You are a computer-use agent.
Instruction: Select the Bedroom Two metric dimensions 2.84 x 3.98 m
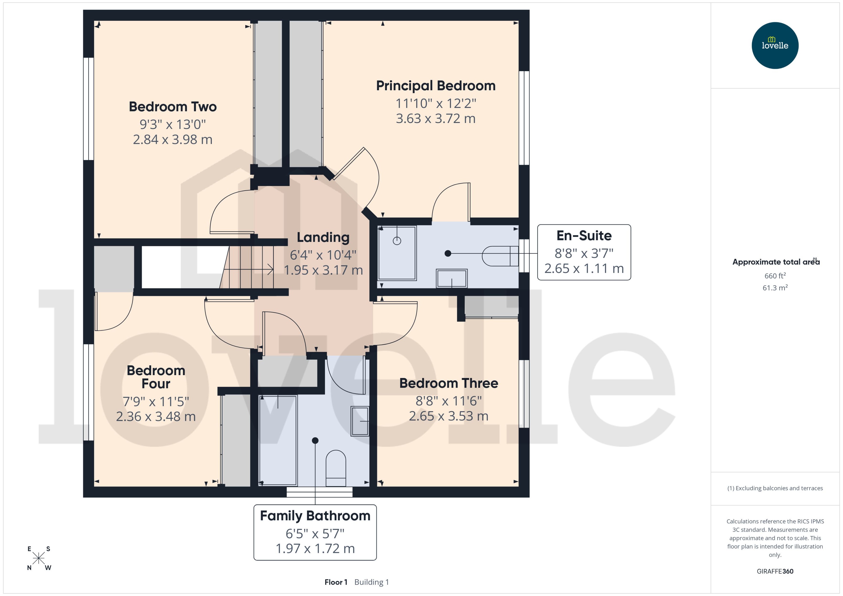[x=173, y=140]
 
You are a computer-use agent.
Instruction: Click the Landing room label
[x=323, y=237]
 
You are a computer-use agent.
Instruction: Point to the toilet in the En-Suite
[x=500, y=256]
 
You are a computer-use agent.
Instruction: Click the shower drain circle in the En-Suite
[x=397, y=241]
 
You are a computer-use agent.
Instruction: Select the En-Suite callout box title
[x=584, y=236]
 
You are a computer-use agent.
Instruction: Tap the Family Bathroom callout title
[x=315, y=516]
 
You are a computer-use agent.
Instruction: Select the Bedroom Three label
[x=448, y=383]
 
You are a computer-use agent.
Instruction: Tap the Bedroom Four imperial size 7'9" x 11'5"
[x=156, y=402]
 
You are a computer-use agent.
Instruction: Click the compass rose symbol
[x=39, y=558]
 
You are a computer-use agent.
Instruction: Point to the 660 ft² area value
[x=775, y=276]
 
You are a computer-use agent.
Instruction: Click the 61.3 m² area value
[x=775, y=288]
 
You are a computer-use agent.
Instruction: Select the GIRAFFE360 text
[x=775, y=571]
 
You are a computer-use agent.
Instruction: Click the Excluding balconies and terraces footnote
[x=775, y=488]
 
